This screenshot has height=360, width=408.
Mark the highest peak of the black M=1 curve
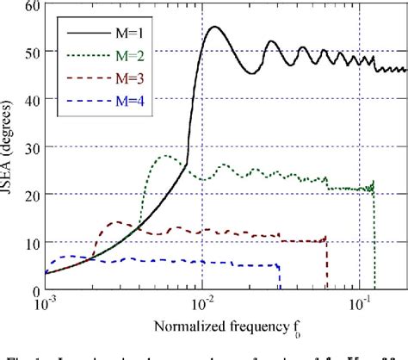pos(213,27)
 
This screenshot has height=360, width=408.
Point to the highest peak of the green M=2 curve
pos(167,156)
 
